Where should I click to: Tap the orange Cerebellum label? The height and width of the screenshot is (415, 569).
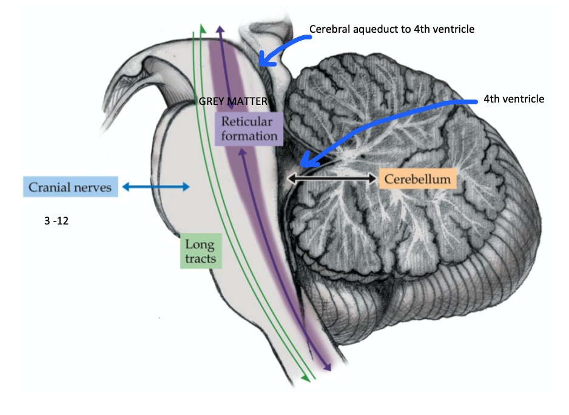(417, 179)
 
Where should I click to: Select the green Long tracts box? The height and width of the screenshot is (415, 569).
(200, 253)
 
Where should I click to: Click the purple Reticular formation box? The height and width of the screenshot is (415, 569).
(249, 127)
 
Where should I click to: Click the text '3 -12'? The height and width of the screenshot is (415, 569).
(56, 221)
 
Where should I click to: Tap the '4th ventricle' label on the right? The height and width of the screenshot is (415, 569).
(514, 99)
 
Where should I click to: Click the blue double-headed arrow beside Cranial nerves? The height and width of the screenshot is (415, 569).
(156, 187)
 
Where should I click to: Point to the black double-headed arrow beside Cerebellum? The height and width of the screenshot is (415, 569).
(332, 178)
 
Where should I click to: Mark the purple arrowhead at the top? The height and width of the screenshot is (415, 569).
(220, 30)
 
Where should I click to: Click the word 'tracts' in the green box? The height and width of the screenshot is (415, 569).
(201, 260)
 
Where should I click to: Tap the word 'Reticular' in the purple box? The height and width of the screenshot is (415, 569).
(249, 121)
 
